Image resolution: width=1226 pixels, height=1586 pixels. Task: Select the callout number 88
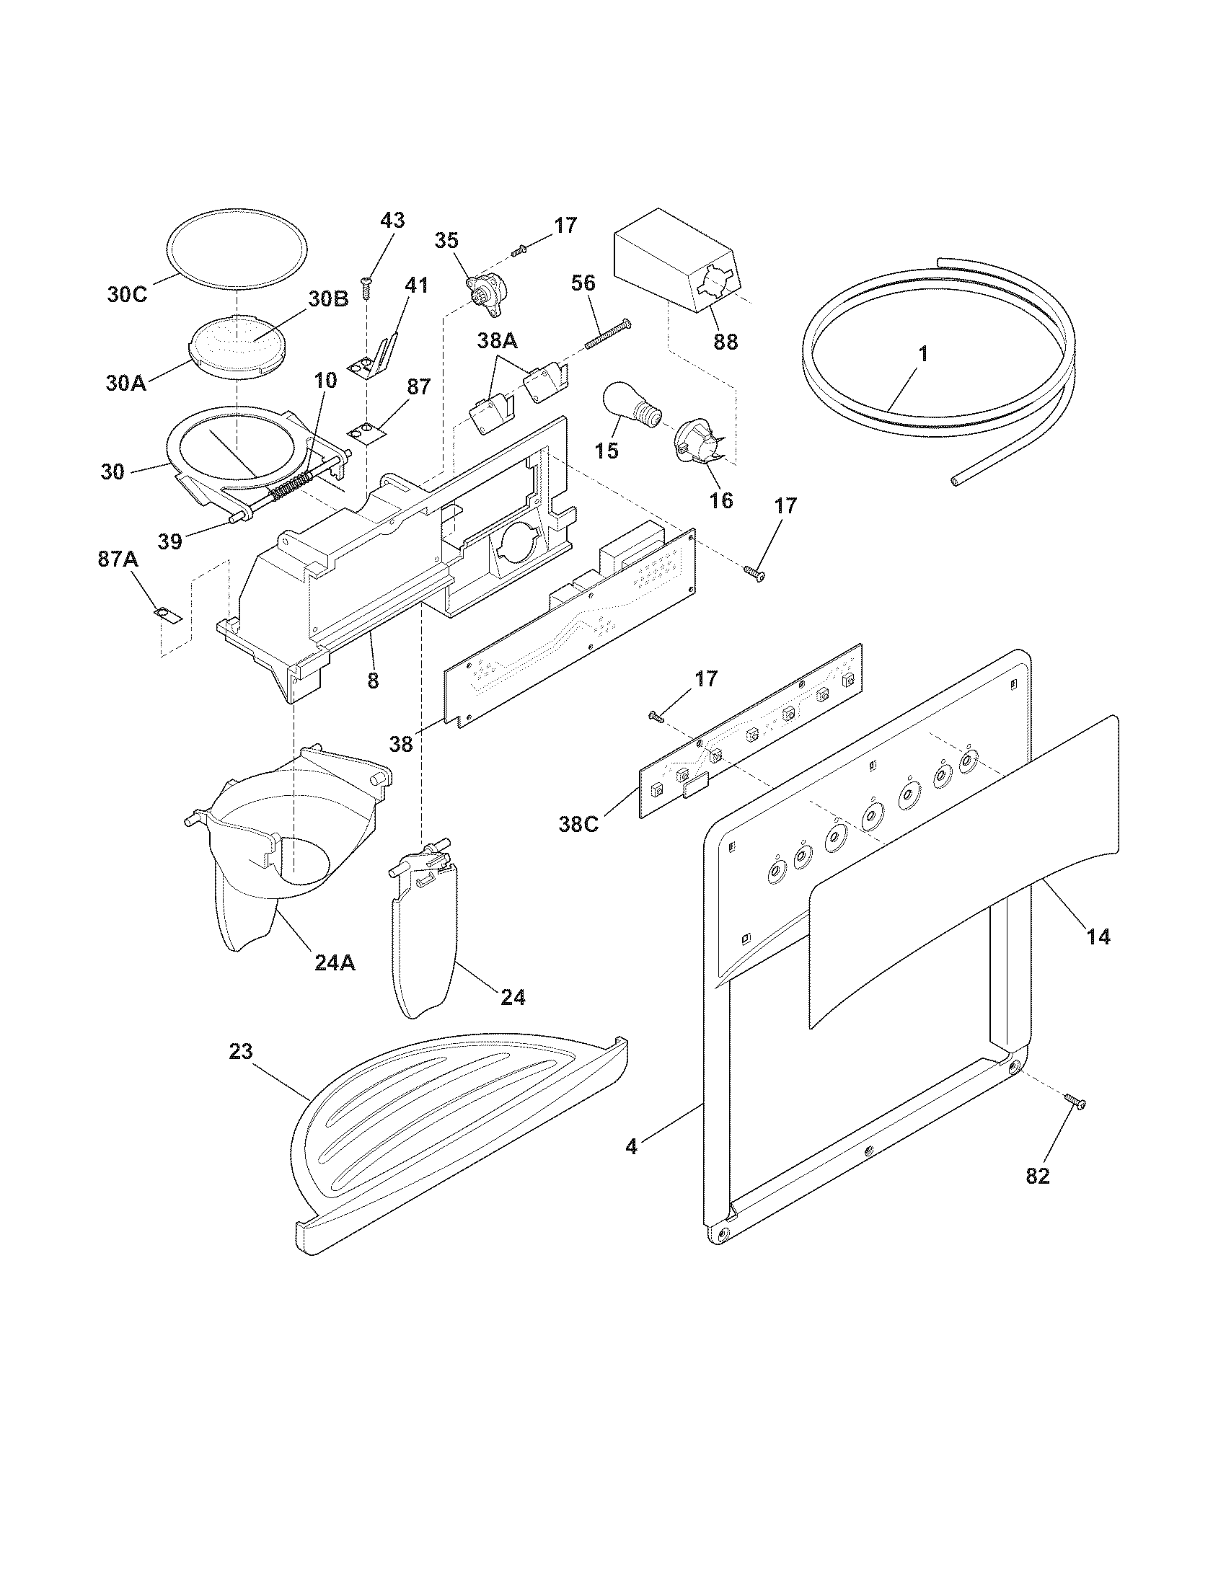coord(725,341)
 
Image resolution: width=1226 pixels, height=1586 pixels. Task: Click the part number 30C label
coord(127,295)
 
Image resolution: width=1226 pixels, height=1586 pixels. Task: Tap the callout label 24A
coord(335,963)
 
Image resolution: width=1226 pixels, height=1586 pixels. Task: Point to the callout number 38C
coord(579,824)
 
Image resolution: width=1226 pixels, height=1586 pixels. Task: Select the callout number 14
coord(1098,936)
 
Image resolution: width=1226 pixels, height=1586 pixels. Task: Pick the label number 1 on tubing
coord(922,355)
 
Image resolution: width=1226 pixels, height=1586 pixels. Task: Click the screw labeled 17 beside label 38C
coord(656,717)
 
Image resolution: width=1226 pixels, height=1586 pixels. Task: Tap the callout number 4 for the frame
coord(631,1147)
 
